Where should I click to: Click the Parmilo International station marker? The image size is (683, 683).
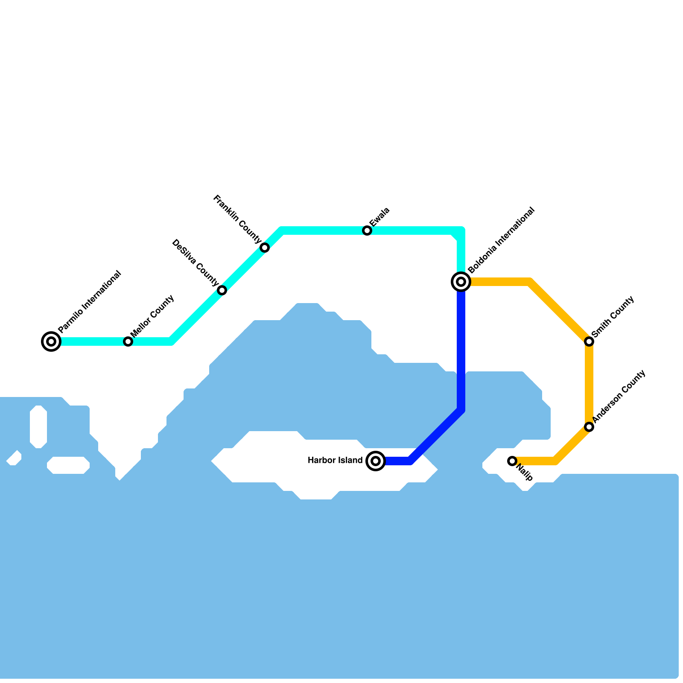[x=51, y=341]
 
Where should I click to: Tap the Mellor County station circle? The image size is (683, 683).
[x=128, y=341]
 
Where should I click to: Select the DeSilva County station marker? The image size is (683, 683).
[x=222, y=290]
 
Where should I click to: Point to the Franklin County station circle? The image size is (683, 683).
[x=265, y=248]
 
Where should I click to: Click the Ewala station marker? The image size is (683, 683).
[x=367, y=231]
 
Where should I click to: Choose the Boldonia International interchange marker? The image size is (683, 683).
[x=461, y=282]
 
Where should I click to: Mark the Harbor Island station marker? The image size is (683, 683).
[x=376, y=461]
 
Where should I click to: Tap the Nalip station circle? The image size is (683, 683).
[x=512, y=461]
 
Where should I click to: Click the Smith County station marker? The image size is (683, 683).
[x=589, y=341]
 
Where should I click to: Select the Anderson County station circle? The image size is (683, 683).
[x=589, y=427]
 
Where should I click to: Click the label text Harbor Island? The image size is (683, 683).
[x=335, y=461]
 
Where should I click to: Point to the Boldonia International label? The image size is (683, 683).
[x=501, y=240]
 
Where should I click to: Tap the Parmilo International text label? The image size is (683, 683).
[x=90, y=302]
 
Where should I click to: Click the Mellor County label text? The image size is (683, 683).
[x=152, y=315]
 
